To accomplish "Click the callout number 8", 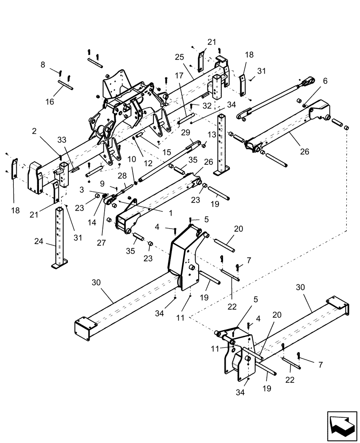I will [x=43, y=65].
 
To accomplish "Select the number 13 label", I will [x=212, y=134].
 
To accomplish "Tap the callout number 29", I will [x=185, y=132].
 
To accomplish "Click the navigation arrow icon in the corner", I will [x=342, y=425].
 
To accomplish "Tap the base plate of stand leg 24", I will [x=59, y=265].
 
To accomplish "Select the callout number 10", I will [x=132, y=159].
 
